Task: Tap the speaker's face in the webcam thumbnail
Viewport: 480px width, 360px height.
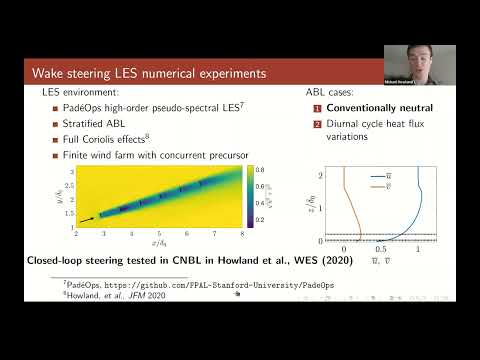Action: click(x=418, y=62)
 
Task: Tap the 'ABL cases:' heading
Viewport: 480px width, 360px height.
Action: click(x=331, y=92)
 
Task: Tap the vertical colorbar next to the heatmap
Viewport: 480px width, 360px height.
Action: click(x=248, y=196)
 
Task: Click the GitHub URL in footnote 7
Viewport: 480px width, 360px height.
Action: click(x=184, y=286)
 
